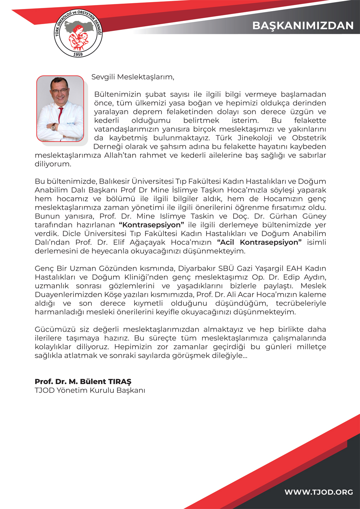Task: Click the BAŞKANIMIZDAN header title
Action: coord(303,26)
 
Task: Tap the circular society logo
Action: coord(78,33)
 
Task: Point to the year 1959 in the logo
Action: coord(78,54)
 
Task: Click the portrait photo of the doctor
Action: coord(60,108)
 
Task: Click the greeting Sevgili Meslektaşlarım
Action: coord(132,77)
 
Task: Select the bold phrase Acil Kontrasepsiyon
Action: coord(259,242)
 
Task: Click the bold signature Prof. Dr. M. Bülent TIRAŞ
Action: coord(83,382)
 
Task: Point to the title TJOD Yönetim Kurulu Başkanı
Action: coord(90,391)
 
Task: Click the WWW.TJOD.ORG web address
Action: coord(319,492)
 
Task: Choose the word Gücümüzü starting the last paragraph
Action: coord(51,329)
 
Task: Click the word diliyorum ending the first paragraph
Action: coord(53,164)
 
